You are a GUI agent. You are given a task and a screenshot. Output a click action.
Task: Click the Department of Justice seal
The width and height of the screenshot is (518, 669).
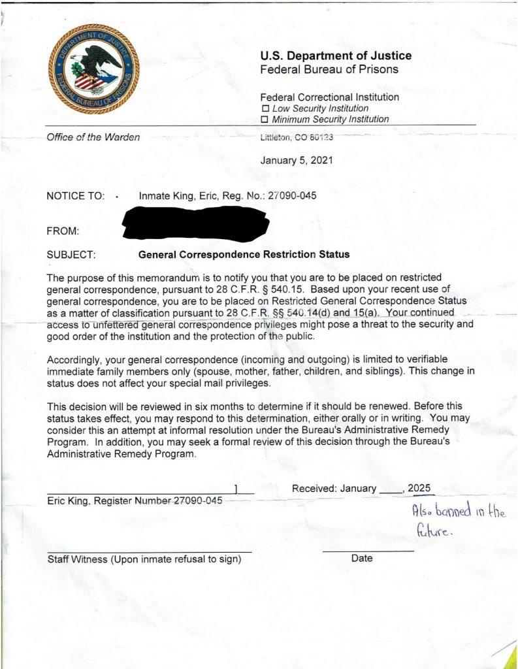93,69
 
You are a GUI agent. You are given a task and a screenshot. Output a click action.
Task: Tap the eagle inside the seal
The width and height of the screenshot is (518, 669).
97,65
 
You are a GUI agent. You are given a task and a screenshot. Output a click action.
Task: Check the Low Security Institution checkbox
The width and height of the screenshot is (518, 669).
265,108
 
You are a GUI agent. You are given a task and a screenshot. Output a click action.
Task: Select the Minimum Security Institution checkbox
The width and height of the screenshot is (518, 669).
265,120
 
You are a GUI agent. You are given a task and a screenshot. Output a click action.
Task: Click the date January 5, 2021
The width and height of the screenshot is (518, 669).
297,160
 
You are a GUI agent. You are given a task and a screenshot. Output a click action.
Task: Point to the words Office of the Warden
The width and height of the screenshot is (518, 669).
93,137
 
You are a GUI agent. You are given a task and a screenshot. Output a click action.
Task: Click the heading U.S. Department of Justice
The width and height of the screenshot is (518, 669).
336,56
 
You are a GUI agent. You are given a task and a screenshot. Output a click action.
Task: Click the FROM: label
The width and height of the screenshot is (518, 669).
63,231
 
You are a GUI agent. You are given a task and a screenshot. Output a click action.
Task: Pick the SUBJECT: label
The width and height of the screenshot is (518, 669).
72,255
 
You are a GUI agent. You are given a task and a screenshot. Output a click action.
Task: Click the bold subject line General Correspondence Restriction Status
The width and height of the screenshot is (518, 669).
244,255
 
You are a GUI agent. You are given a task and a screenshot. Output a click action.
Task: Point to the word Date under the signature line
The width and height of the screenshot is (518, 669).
362,559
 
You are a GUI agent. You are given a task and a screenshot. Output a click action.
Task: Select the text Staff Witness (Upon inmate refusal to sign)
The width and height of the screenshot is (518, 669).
144,559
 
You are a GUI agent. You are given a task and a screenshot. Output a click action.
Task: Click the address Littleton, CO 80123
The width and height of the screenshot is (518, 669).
297,138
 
